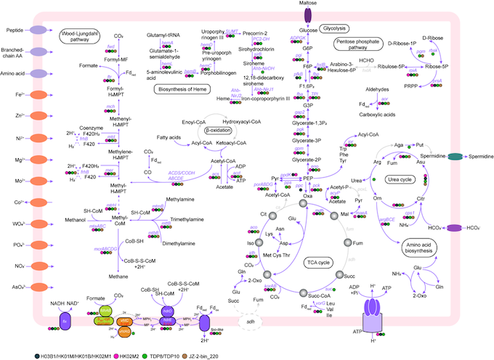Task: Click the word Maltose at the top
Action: (309, 4)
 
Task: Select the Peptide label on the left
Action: (15, 30)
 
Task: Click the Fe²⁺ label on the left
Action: (15, 95)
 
